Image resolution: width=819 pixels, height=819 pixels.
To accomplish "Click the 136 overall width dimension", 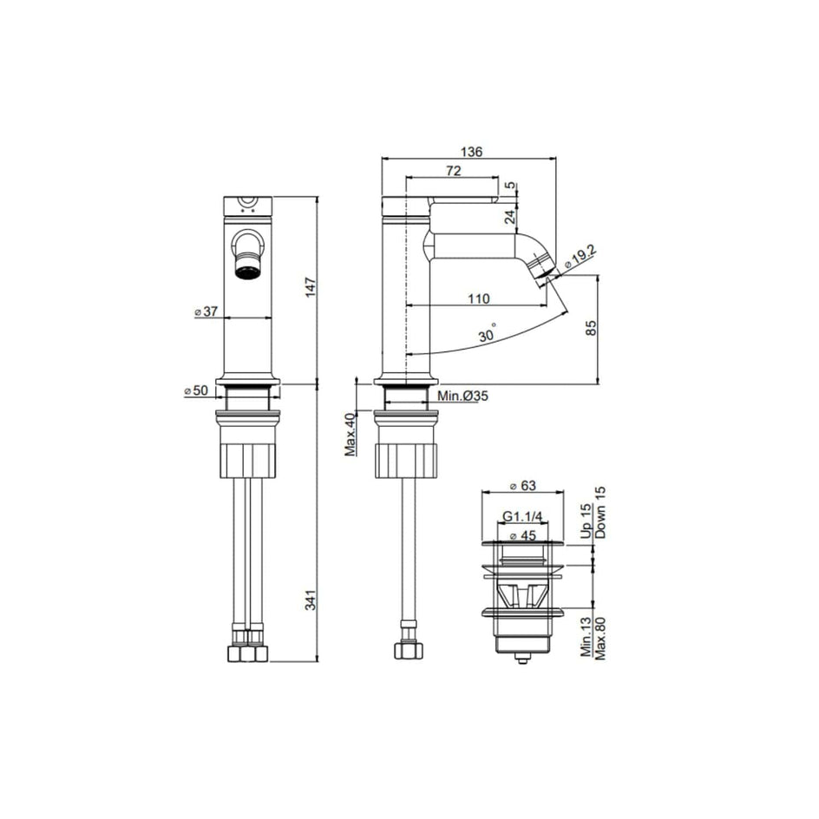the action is point(471,152).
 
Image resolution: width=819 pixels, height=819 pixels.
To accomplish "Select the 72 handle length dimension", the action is point(454,171).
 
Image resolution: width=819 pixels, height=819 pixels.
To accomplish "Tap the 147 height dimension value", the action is point(311,288).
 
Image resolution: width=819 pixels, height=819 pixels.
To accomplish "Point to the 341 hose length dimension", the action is point(311,600).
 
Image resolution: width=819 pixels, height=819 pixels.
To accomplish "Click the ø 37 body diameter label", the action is point(206,311).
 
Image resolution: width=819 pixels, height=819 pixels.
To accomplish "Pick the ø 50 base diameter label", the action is point(196,390).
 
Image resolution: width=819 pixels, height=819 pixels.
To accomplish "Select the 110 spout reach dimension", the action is point(478,298).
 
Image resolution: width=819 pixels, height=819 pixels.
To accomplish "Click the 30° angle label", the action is point(488,333).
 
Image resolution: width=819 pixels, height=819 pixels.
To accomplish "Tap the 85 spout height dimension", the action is point(591,328).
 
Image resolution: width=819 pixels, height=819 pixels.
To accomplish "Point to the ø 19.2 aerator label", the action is point(580,258).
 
